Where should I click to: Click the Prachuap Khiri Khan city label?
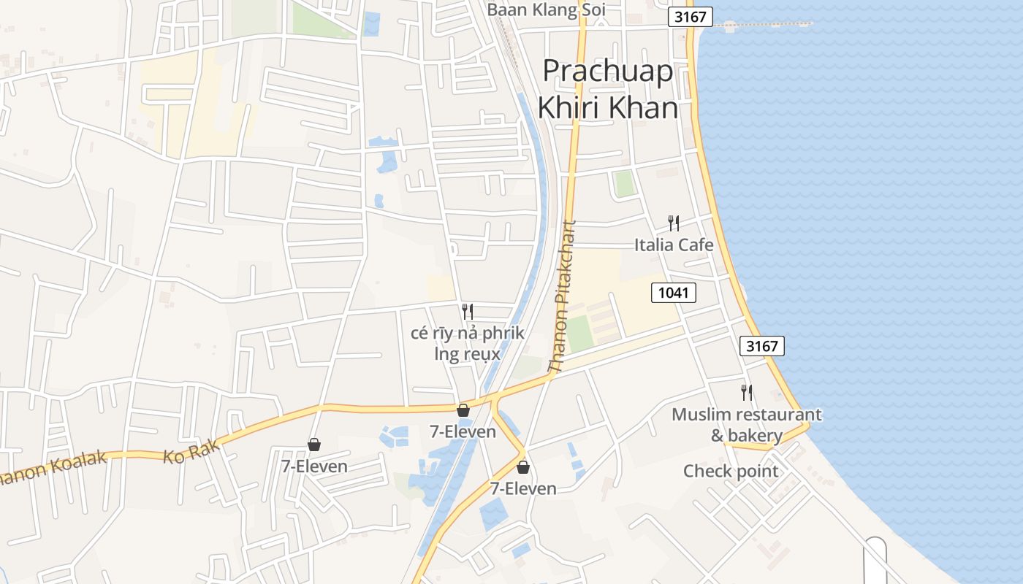pos(608,89)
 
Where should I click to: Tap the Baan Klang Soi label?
pos(547,10)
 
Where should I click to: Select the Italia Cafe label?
pos(673,245)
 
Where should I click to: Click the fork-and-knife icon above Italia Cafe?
pos(673,223)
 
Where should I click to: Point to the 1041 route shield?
pos(673,293)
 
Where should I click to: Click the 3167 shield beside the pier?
pos(690,17)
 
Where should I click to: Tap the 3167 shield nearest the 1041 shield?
pos(761,346)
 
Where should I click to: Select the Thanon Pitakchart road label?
pos(563,297)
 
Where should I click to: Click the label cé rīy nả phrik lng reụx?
pos(468,344)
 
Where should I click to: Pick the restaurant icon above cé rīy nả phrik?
pos(468,312)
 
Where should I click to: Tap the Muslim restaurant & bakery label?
pos(746,425)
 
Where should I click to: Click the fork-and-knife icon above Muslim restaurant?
pos(746,392)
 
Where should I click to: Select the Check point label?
pos(731,472)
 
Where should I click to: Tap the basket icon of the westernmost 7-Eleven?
pos(314,444)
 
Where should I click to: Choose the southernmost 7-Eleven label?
pos(523,489)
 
